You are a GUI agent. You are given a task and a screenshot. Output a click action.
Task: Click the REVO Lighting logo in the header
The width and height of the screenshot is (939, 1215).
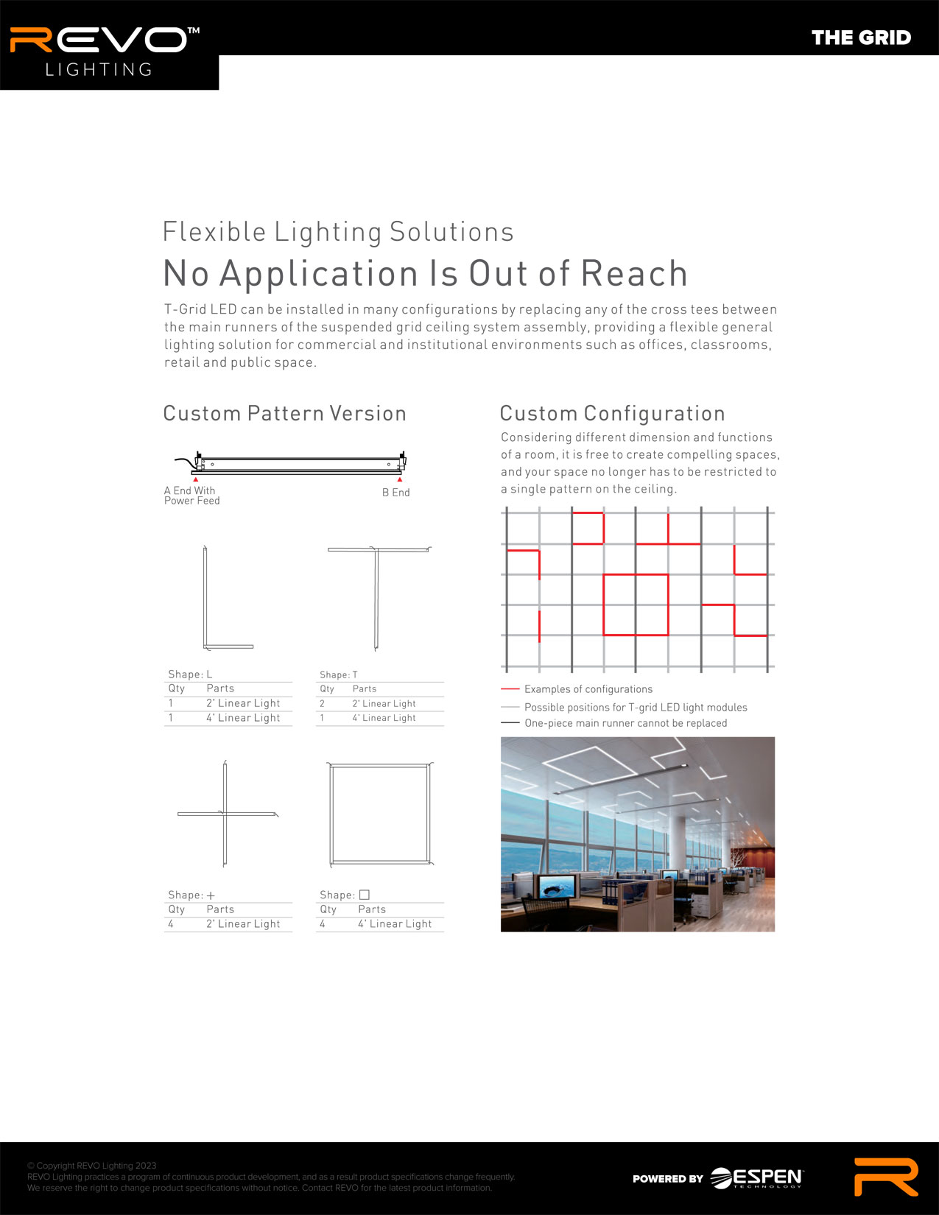105,52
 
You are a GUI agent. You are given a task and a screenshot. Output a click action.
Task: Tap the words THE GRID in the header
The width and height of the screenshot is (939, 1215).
861,38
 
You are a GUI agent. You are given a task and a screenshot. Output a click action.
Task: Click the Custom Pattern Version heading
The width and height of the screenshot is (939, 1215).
285,413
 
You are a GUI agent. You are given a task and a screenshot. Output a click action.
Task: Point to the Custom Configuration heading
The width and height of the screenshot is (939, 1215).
613,413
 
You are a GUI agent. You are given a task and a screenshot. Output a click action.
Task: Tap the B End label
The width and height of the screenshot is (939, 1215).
396,492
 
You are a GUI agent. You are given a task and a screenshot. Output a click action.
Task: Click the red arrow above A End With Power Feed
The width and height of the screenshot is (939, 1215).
195,479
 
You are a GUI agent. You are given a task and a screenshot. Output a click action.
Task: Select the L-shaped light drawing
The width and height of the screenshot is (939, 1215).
205,598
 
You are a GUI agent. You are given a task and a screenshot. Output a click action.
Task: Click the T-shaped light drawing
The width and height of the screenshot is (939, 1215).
376,598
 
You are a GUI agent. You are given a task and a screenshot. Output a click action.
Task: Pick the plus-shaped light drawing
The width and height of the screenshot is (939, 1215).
225,814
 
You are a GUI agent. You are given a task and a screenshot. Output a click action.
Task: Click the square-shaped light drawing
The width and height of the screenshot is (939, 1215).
331,814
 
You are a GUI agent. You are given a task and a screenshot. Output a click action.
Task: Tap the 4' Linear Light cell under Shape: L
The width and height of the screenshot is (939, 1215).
243,717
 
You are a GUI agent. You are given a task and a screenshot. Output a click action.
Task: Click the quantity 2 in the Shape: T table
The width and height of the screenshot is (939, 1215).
322,703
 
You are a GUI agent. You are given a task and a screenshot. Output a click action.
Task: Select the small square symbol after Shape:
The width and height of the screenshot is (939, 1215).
364,895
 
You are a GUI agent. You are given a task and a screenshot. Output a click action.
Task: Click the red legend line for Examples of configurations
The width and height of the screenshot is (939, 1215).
510,688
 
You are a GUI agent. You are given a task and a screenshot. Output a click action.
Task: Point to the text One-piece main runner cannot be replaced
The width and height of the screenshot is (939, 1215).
626,723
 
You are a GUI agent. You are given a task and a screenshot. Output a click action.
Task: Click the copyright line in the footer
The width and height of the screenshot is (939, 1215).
92,1165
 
